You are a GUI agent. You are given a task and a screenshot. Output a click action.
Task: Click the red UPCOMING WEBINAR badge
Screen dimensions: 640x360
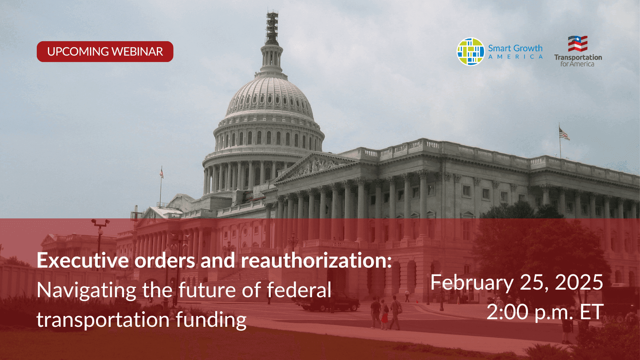pyautogui.click(x=105, y=52)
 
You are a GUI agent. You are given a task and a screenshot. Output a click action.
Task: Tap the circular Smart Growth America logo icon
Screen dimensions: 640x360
pyautogui.click(x=470, y=52)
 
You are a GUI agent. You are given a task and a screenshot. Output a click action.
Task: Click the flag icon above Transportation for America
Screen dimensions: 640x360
pyautogui.click(x=578, y=44)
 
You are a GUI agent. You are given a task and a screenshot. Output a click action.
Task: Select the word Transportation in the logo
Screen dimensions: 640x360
pyautogui.click(x=578, y=58)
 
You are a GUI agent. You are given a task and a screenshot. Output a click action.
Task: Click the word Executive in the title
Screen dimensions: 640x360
pyautogui.click(x=83, y=260)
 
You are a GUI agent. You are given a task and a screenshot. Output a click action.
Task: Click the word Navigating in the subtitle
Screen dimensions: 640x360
pyautogui.click(x=86, y=291)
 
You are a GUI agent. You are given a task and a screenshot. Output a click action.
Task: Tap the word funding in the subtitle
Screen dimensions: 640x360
pyautogui.click(x=211, y=319)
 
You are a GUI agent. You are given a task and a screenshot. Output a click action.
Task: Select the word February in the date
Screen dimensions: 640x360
pyautogui.click(x=472, y=283)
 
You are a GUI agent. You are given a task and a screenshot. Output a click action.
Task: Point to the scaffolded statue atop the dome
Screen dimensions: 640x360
pyautogui.click(x=272, y=28)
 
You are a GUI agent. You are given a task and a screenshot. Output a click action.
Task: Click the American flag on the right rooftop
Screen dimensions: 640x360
pyautogui.click(x=564, y=134)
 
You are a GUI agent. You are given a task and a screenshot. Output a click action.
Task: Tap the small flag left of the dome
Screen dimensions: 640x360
pyautogui.click(x=162, y=173)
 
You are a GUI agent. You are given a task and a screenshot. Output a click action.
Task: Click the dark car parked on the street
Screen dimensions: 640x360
pyautogui.click(x=330, y=302)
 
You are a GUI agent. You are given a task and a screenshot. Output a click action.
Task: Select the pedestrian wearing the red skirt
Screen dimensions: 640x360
pyautogui.click(x=384, y=314)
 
